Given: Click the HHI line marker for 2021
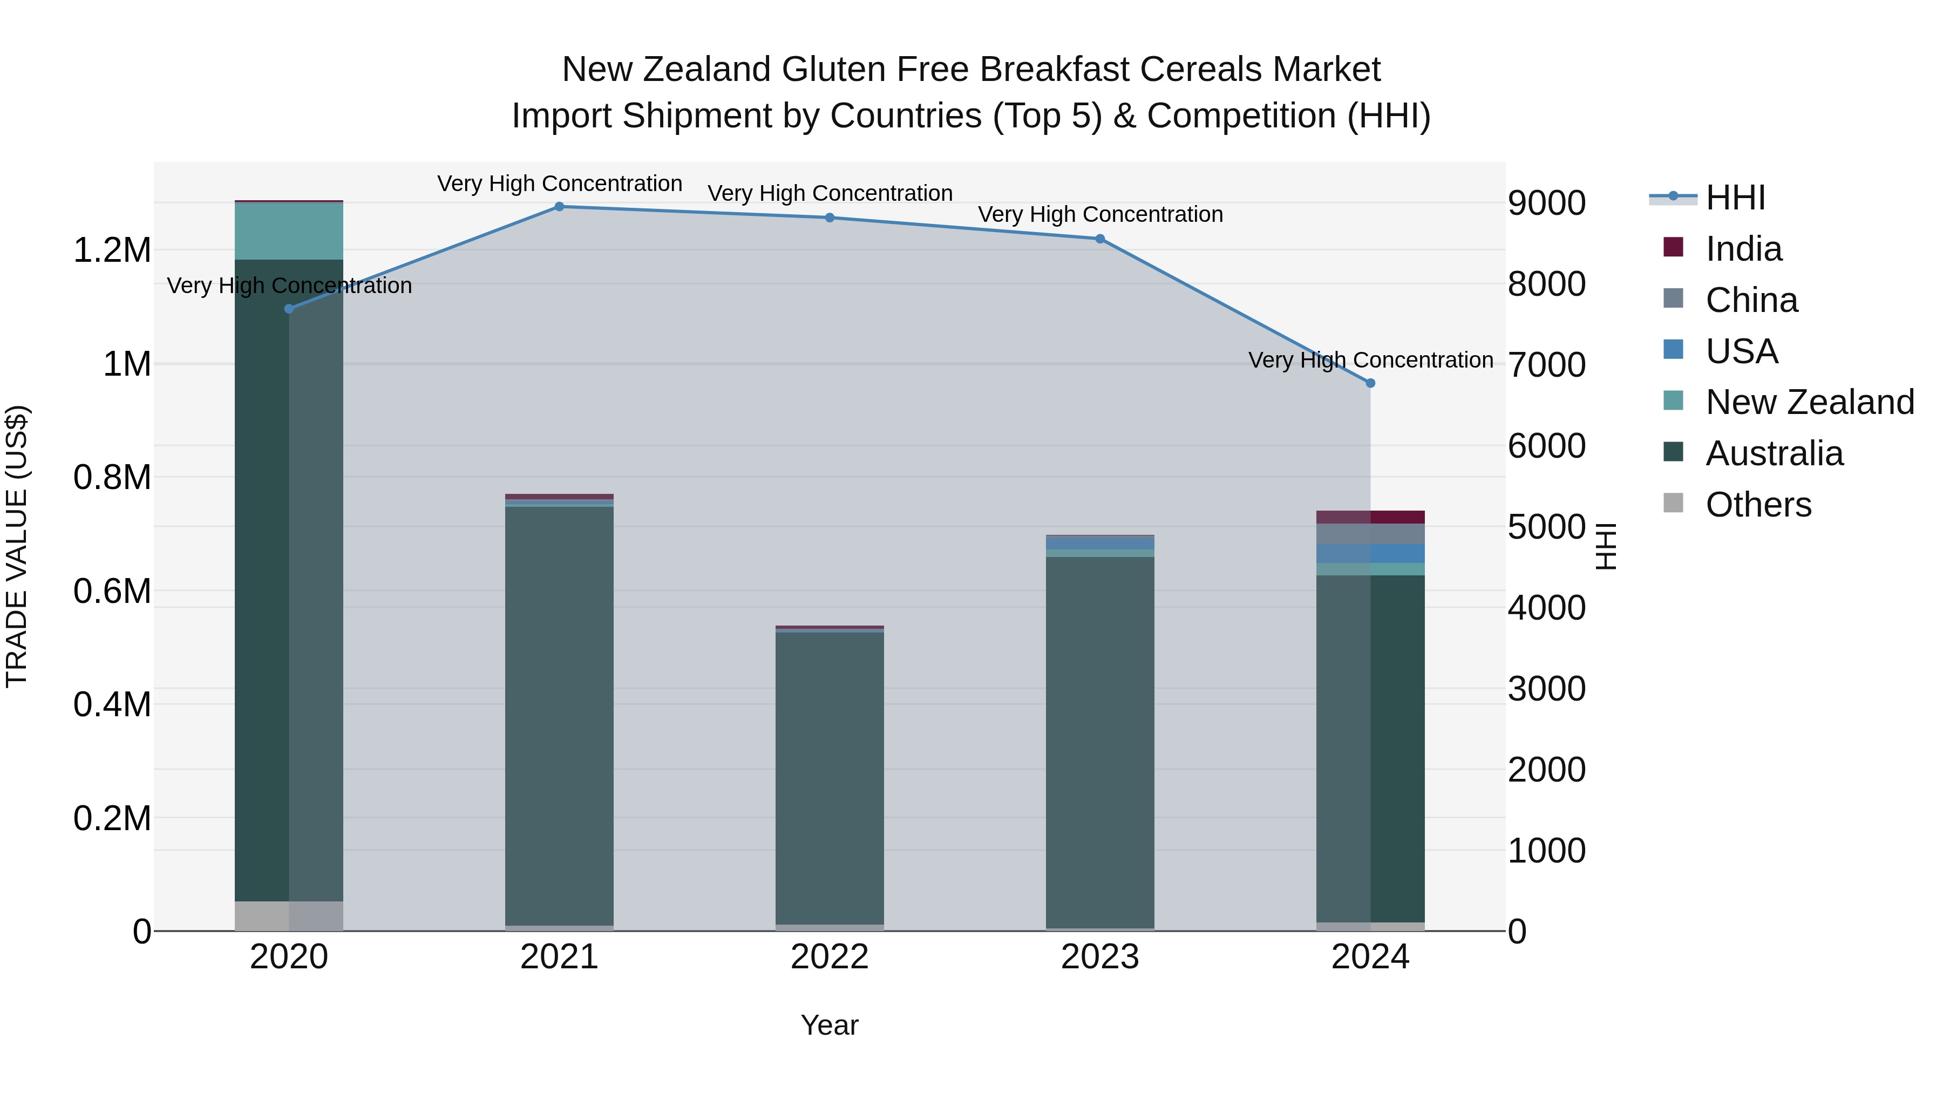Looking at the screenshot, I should click(x=559, y=207).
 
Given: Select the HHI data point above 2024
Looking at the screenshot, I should click(x=1370, y=383).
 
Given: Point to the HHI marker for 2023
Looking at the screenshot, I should click(x=1100, y=239).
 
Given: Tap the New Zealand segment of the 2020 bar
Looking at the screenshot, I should click(x=289, y=232).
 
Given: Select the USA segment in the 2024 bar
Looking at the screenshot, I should click(x=1370, y=554).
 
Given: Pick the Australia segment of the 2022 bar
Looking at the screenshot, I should click(x=830, y=777).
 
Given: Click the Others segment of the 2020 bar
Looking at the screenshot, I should click(x=289, y=916).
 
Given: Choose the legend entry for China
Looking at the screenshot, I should click(x=1751, y=300).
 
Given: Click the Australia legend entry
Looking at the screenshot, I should click(x=1774, y=453).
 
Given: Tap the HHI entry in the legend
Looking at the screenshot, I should click(x=1735, y=198).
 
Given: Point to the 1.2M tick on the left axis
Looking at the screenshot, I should click(x=112, y=250).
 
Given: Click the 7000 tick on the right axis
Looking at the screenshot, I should click(x=1546, y=365).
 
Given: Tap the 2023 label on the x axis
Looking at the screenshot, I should click(x=1100, y=957).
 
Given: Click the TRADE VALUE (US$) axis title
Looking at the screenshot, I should click(x=17, y=546).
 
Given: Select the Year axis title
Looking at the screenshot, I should click(x=830, y=1025).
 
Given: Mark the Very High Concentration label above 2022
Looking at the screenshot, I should click(x=830, y=193).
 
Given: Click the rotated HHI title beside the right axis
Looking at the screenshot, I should click(x=1607, y=546).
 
